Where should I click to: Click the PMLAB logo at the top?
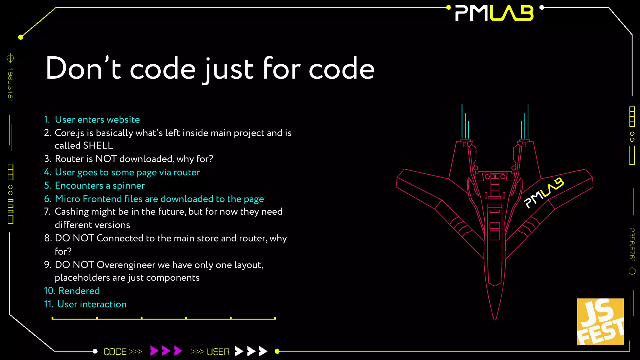tap(494, 13)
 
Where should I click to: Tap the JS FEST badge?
tap(600, 322)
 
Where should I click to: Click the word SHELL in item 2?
tap(98, 146)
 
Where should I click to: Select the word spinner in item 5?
tap(128, 186)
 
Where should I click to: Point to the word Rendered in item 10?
tap(79, 291)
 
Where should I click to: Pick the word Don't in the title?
tap(83, 69)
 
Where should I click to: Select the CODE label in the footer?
tap(115, 352)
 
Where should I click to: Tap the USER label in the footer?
tap(218, 352)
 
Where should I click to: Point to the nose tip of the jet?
tap(495, 319)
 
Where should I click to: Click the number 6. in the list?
tap(47, 199)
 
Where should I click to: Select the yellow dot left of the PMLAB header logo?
tap(448, 7)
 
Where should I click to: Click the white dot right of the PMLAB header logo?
tap(542, 7)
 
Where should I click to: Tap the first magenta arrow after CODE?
tap(154, 351)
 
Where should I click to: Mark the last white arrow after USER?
tap(263, 351)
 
